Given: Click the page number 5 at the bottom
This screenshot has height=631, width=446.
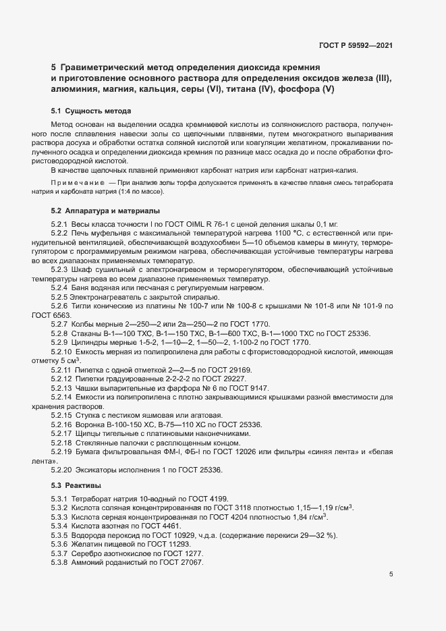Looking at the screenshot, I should pyautogui.click(x=391, y=574).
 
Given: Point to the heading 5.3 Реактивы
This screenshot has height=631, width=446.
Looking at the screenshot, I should pyautogui.click(x=76, y=485).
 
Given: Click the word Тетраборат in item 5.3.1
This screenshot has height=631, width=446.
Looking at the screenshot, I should pyautogui.click(x=95, y=498).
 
